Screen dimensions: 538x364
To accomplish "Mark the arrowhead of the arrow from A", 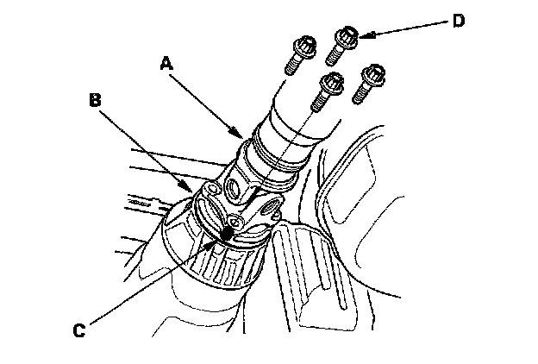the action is tap(242, 135).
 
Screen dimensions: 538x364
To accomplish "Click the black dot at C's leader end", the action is tap(226, 232).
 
